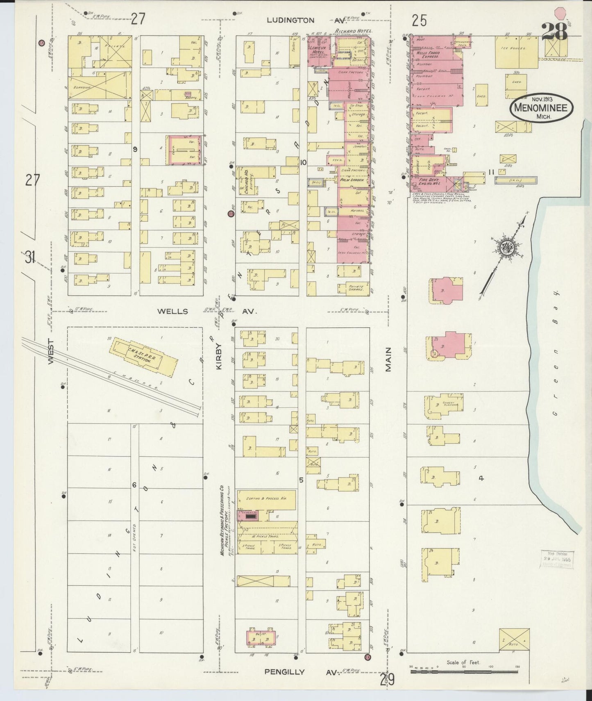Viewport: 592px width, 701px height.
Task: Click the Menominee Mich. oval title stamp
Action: point(541,107)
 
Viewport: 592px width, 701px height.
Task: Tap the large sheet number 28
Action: point(554,31)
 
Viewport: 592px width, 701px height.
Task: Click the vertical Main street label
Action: point(388,359)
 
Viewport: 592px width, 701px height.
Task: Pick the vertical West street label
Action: point(51,352)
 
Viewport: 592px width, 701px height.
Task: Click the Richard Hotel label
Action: point(353,31)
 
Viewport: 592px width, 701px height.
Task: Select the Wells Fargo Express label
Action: point(428,55)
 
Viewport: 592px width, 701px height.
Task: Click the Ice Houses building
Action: point(516,52)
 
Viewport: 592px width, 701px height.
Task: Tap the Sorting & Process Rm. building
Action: point(266,499)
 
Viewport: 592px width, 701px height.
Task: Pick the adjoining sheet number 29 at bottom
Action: point(387,680)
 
